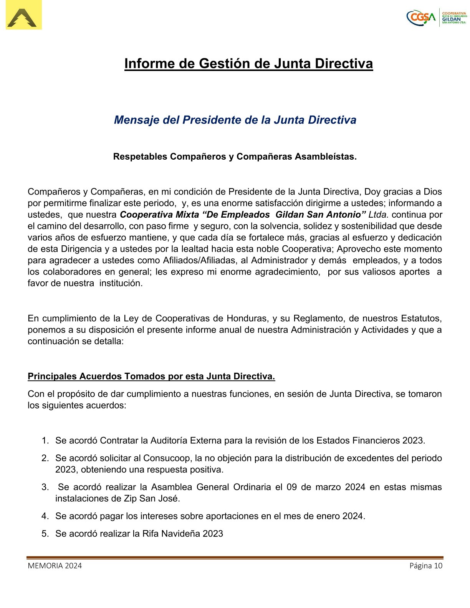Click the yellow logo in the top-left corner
23,15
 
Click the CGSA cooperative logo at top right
437,18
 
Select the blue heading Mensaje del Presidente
235,120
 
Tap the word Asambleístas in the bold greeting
326,157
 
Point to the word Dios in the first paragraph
432,192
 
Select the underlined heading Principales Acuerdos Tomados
151,376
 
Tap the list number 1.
45,440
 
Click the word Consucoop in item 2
167,458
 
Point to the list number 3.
45,487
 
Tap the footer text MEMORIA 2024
55,566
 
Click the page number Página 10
425,566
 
